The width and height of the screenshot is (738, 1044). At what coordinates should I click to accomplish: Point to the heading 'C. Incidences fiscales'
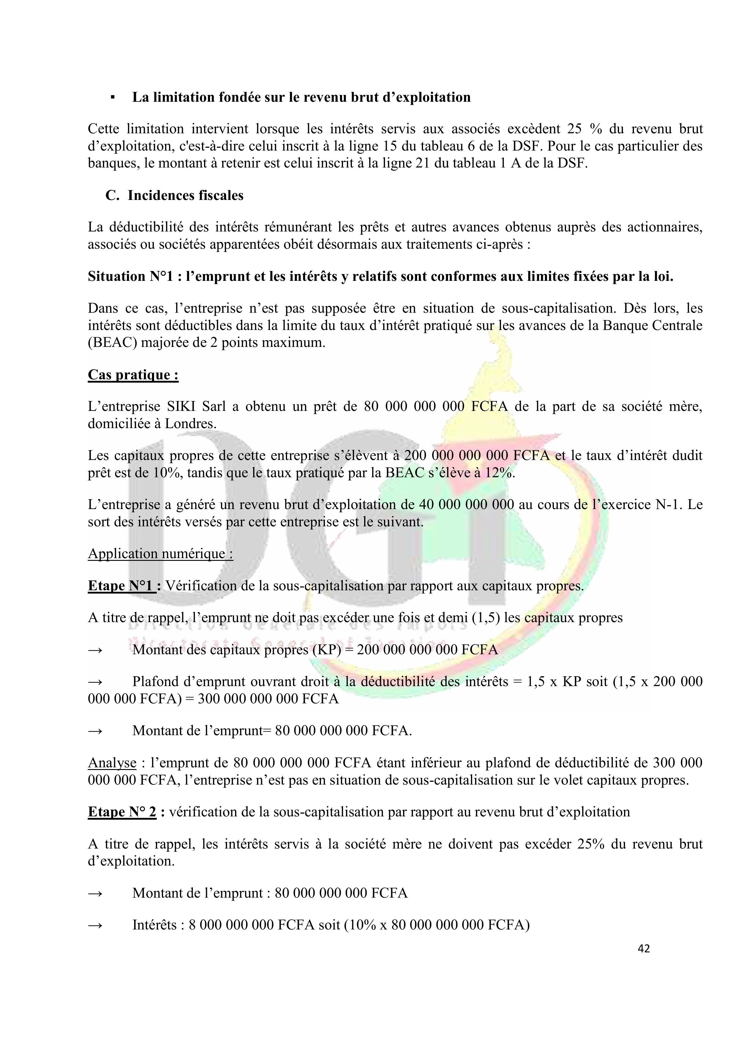(x=175, y=195)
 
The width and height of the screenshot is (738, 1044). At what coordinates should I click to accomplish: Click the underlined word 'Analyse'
(x=112, y=763)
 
